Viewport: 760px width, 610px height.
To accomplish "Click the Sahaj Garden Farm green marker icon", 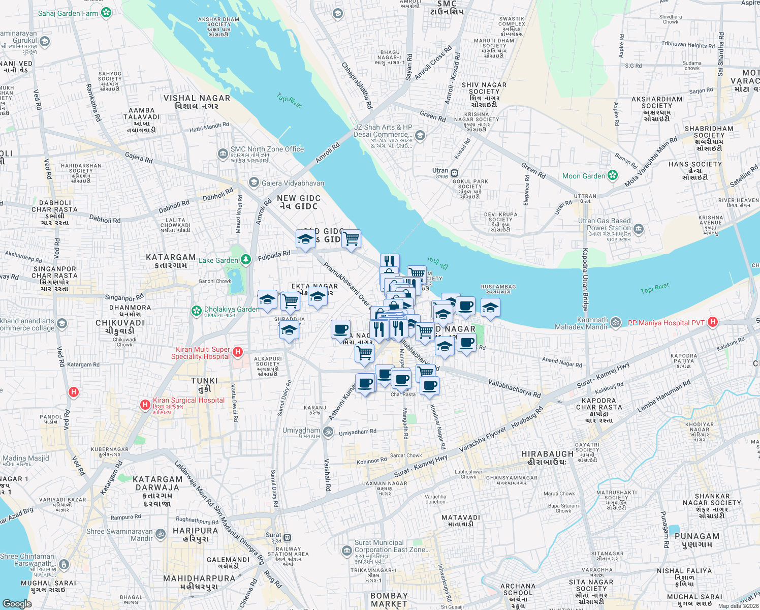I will [x=106, y=13].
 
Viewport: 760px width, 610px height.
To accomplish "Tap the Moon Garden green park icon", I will [x=613, y=176].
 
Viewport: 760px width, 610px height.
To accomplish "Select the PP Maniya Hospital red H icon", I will [x=713, y=322].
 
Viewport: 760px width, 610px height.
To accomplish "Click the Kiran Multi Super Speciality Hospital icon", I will [x=237, y=352].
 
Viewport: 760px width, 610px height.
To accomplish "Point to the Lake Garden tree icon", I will [x=246, y=260].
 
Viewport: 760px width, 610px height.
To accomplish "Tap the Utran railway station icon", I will [x=454, y=173].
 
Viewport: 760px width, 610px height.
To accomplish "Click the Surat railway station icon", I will [x=288, y=537].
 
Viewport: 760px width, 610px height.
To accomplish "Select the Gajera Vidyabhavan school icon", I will [x=254, y=182].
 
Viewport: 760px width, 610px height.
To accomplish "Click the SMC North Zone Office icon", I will [x=223, y=153].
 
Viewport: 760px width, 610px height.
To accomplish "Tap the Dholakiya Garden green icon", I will [x=196, y=310].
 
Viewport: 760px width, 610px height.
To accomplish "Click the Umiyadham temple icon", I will [x=328, y=432].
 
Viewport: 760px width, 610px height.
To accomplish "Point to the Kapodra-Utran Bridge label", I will [x=585, y=280].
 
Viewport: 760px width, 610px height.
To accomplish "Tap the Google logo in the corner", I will [x=17, y=603].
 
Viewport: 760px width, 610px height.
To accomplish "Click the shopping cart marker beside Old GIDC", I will [x=352, y=238].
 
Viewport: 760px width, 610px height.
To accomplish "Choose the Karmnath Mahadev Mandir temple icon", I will [x=615, y=322].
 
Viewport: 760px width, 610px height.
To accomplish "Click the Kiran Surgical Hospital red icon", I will [x=145, y=405].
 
